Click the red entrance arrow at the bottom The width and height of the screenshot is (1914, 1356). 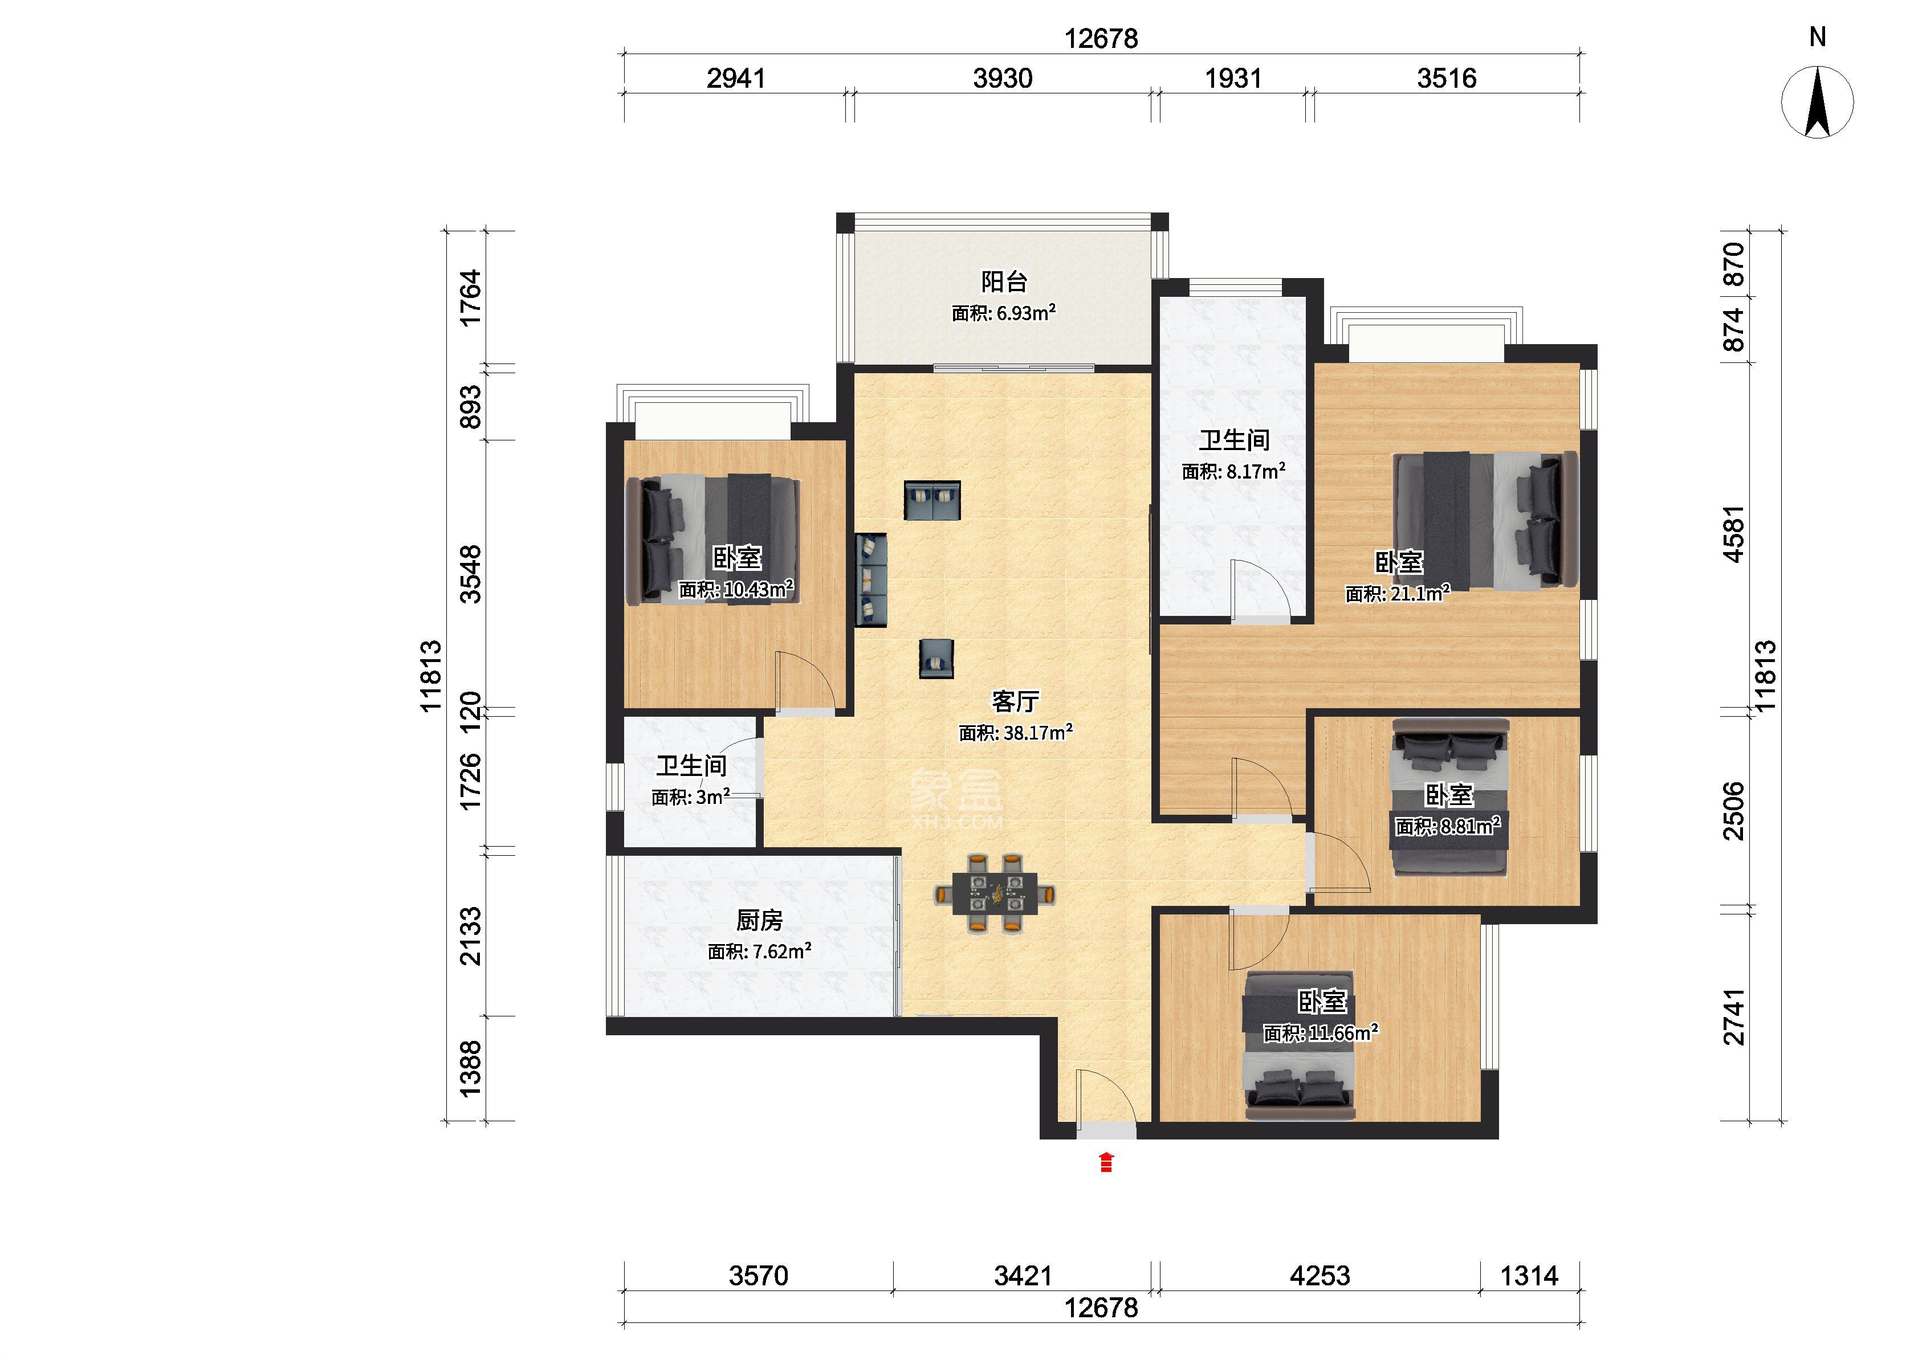pyautogui.click(x=1106, y=1162)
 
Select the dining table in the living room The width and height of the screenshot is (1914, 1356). pyautogui.click(x=993, y=893)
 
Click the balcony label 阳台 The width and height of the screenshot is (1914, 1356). pyautogui.click(x=1003, y=281)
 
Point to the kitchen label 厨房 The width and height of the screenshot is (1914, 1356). pyautogui.click(x=759, y=920)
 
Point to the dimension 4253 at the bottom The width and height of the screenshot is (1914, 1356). pyautogui.click(x=1320, y=1276)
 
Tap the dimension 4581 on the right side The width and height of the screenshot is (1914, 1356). pyautogui.click(x=1734, y=534)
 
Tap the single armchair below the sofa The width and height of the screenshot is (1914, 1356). pyautogui.click(x=936, y=659)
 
